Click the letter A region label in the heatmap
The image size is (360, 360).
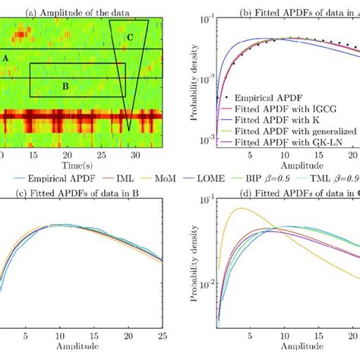(x=6, y=58)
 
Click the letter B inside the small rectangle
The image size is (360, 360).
(x=65, y=87)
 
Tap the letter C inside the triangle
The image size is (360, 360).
(x=130, y=37)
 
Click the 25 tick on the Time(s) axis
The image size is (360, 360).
(x=103, y=154)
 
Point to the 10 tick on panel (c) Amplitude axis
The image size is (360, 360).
(x=55, y=333)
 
